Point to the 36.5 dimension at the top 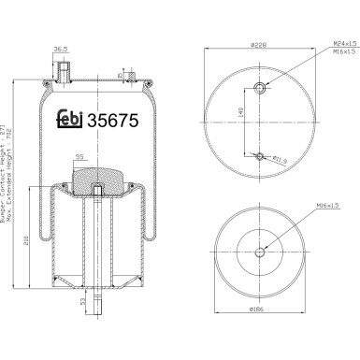click(62, 50)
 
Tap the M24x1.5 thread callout click(321, 43)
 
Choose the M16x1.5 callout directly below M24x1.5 click(321, 52)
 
